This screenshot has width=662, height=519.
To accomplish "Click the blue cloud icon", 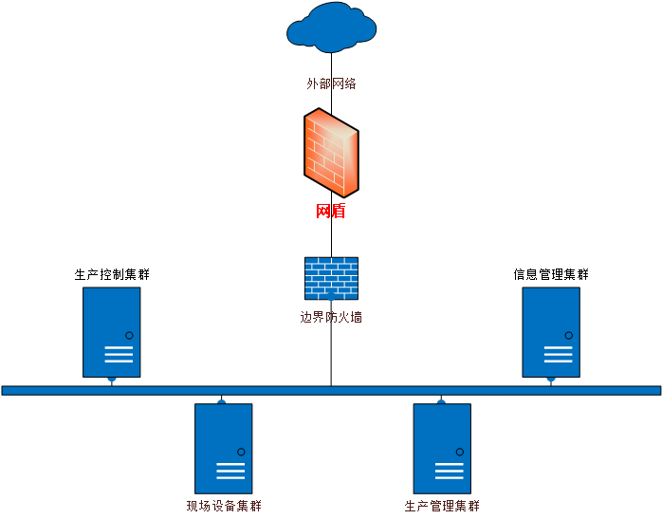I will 331,28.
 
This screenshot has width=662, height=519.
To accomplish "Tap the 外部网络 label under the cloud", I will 331,83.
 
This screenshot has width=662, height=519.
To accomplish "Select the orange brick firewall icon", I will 331,152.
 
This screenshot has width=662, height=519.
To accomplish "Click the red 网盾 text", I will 330,211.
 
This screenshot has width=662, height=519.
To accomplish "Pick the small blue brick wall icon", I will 331,278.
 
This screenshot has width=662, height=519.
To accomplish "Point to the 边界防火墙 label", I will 331,317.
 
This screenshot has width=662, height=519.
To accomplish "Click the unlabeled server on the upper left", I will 111,332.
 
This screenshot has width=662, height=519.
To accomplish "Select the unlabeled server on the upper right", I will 551,332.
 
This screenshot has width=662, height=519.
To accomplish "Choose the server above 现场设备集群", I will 223,448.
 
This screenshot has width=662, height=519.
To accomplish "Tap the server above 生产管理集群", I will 442,448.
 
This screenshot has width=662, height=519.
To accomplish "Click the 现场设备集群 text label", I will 224,506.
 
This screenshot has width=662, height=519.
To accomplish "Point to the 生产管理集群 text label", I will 442,506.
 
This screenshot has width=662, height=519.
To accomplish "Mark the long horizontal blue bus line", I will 331,390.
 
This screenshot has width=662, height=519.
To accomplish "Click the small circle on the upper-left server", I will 129,335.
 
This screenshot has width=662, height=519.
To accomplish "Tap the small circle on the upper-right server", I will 569,335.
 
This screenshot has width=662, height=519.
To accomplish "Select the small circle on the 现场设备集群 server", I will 241,452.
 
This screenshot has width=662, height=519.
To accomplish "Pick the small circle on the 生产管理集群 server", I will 460,452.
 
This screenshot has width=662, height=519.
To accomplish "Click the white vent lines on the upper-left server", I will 119,354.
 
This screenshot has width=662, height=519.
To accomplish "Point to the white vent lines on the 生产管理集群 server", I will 449,471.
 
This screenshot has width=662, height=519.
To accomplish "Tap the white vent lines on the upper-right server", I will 559,354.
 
